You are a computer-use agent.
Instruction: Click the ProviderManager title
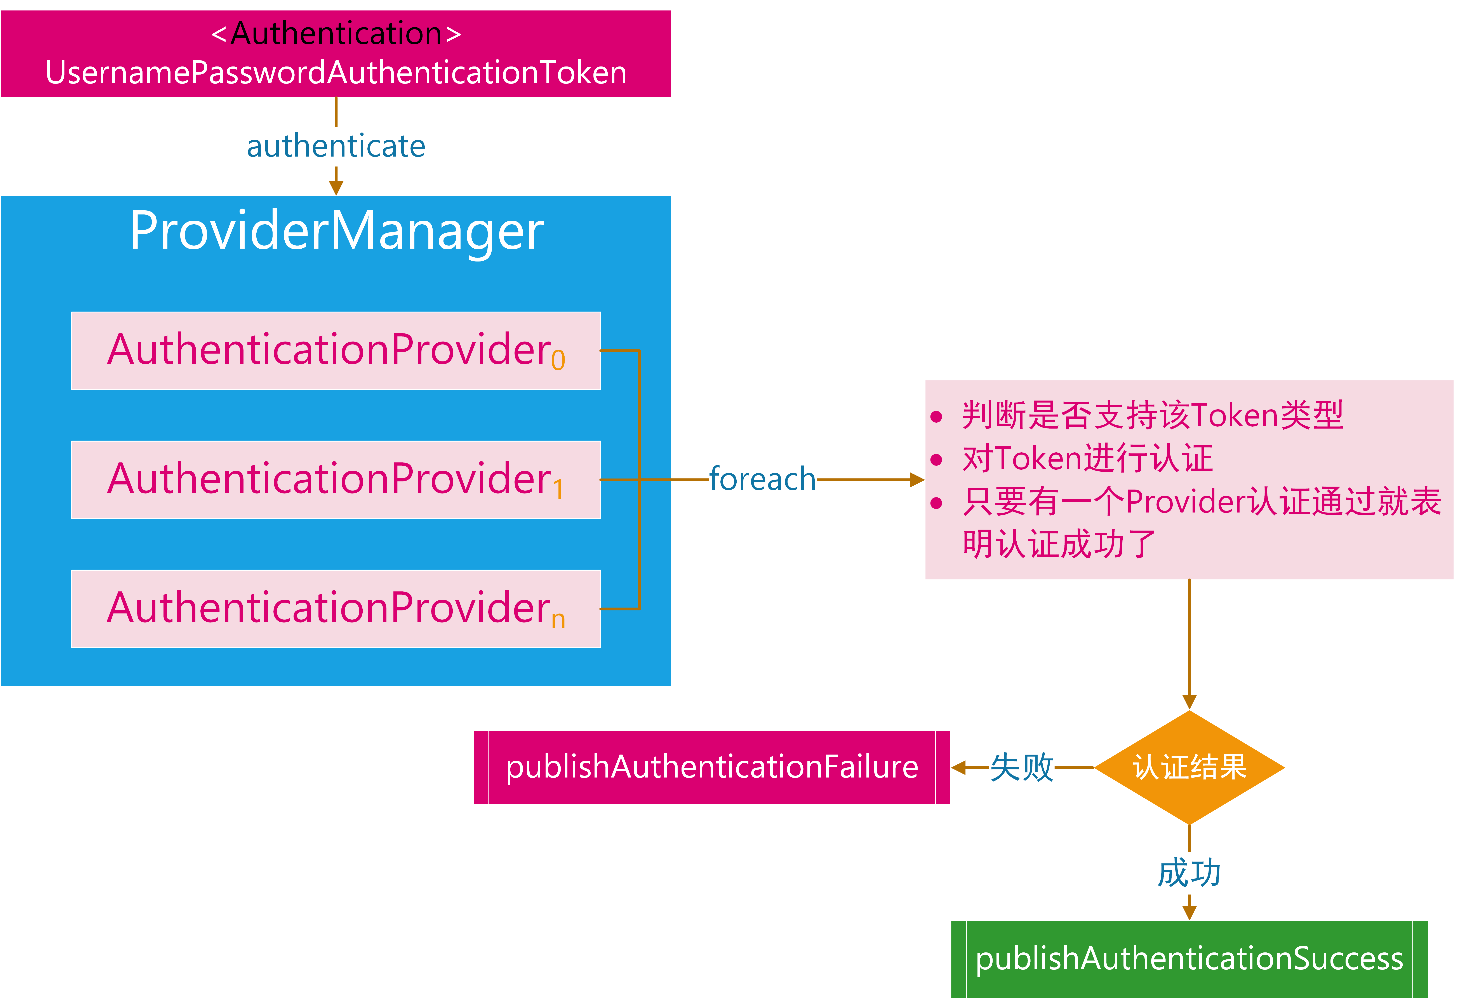[337, 231]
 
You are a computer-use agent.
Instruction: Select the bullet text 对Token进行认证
[1087, 458]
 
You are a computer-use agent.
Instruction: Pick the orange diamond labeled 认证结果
[1189, 767]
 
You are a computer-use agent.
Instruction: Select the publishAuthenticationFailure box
[712, 767]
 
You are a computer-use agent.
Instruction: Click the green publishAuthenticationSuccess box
[1189, 959]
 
